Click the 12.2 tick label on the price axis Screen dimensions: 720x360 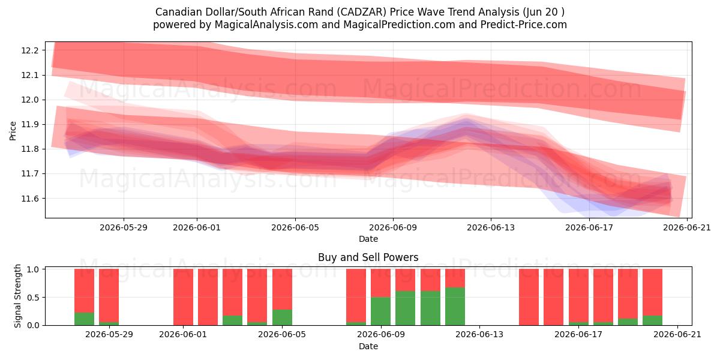click(29, 50)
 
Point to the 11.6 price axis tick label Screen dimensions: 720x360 click(29, 199)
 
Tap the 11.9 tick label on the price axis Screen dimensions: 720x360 click(29, 124)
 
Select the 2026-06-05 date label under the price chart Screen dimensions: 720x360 click(295, 227)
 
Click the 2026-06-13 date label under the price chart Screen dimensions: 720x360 click(491, 227)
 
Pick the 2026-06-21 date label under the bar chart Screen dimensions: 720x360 click(677, 335)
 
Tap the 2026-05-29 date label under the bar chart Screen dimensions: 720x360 click(109, 335)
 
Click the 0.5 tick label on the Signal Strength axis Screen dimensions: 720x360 click(33, 298)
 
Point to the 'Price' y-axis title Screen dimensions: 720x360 click(13, 131)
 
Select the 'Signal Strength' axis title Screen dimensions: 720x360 click(17, 296)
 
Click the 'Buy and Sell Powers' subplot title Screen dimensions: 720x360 click(368, 257)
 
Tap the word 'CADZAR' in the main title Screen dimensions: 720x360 click(363, 12)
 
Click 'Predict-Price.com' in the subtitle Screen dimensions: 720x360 click(524, 25)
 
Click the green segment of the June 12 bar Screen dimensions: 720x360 click(455, 307)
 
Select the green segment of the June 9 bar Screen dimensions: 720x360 click(380, 311)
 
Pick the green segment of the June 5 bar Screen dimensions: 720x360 click(282, 317)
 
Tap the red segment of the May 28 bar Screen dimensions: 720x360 click(84, 290)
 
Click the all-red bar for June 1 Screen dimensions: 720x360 click(183, 297)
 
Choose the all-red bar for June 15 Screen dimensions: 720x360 click(529, 297)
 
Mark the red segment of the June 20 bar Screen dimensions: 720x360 click(653, 292)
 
